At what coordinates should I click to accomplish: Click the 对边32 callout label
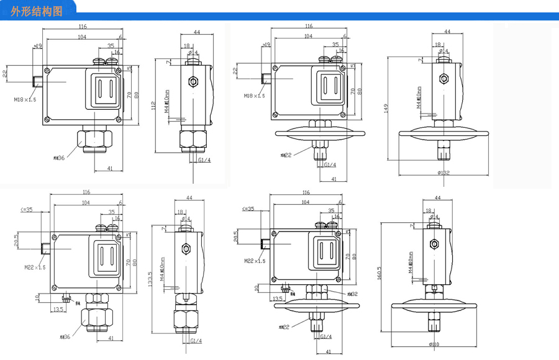click(x=352, y=294)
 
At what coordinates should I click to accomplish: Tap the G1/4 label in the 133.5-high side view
click(x=196, y=341)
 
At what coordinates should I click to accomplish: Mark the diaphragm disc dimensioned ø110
click(x=434, y=307)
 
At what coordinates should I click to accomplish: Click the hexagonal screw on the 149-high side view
click(x=443, y=79)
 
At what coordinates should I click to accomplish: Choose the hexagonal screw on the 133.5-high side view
click(x=184, y=250)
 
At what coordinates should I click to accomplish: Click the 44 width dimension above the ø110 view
click(x=437, y=197)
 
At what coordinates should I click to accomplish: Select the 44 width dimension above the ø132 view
click(x=447, y=32)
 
